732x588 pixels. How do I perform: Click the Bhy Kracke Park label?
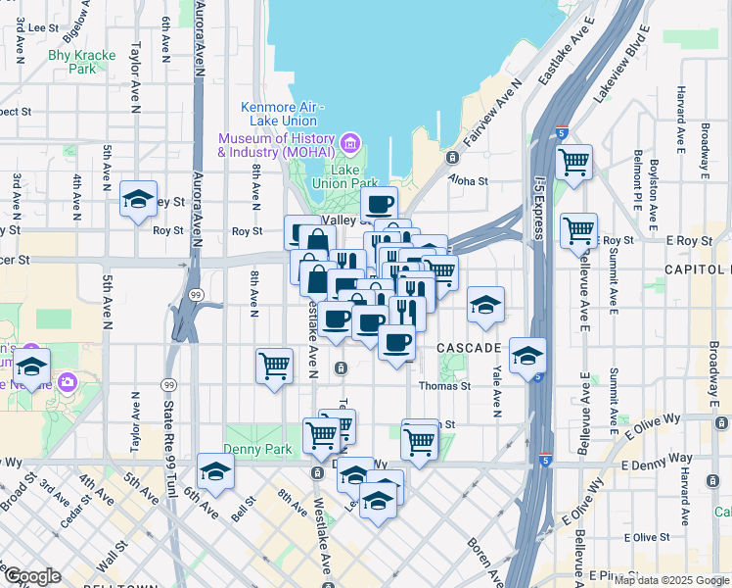81,62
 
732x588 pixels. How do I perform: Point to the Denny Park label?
253,449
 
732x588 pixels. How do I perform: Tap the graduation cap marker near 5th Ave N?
138,199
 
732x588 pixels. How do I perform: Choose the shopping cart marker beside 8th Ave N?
274,366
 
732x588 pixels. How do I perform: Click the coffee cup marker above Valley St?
379,205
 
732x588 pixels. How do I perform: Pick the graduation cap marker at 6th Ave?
215,471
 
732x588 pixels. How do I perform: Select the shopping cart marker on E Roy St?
578,230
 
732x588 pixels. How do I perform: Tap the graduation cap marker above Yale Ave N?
484,305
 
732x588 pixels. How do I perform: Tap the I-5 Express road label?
538,207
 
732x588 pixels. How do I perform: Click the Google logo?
32,576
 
